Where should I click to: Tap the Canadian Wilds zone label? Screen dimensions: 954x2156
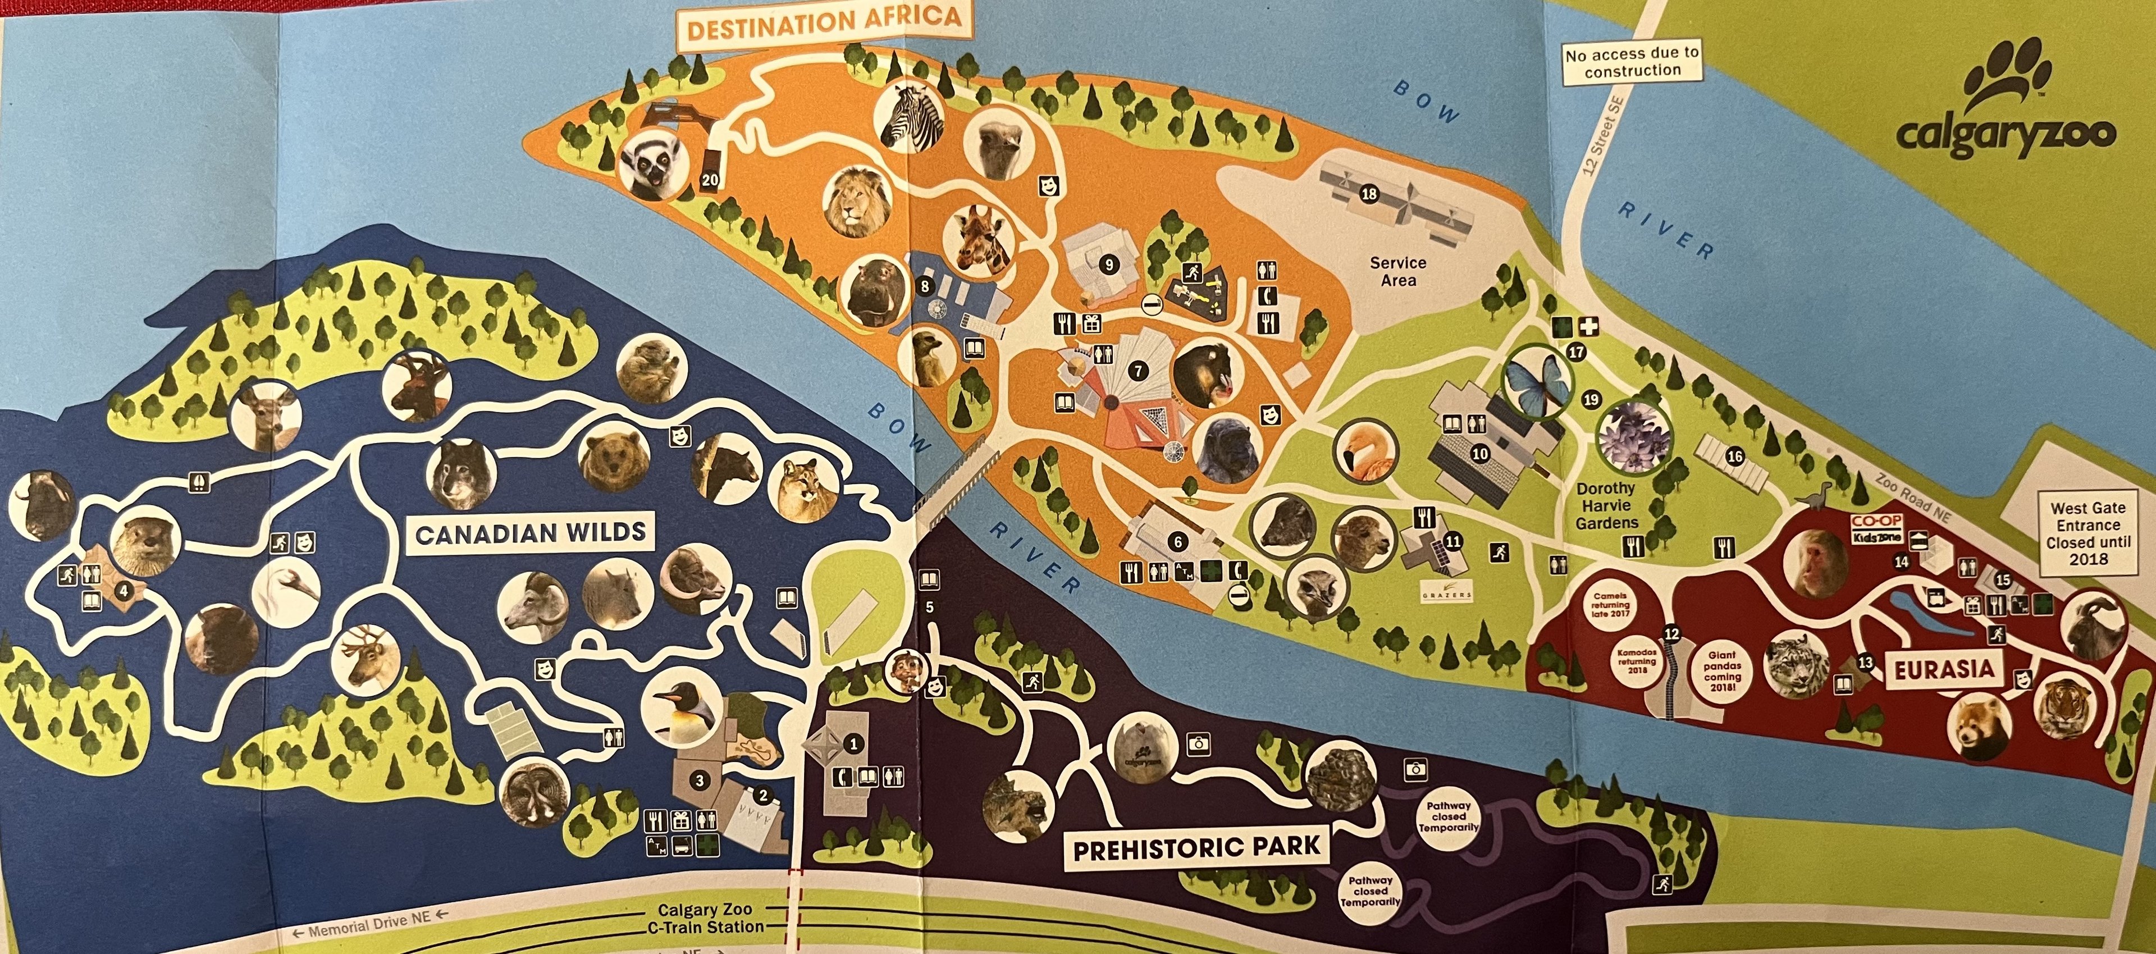pyautogui.click(x=531, y=532)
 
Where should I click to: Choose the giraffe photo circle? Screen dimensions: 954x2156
pyautogui.click(x=979, y=240)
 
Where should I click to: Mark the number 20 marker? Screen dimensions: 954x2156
pyautogui.click(x=710, y=180)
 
